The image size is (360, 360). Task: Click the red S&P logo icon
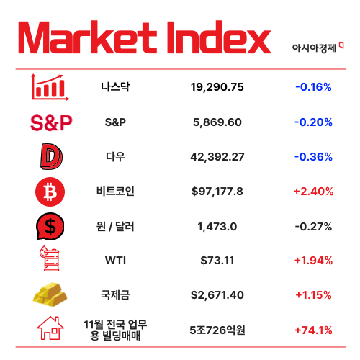point(52,122)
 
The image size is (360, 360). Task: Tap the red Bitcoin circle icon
point(50,192)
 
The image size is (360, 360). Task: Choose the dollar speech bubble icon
point(51,226)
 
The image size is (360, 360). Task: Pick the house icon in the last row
point(51,330)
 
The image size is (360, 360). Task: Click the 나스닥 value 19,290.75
point(217,87)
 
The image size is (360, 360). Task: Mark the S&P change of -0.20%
point(313,122)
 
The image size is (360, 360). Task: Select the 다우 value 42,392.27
point(217,156)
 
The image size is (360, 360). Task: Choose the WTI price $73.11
point(217,260)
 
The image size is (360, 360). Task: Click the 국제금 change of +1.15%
point(313,294)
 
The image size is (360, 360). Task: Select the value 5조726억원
point(217,330)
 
